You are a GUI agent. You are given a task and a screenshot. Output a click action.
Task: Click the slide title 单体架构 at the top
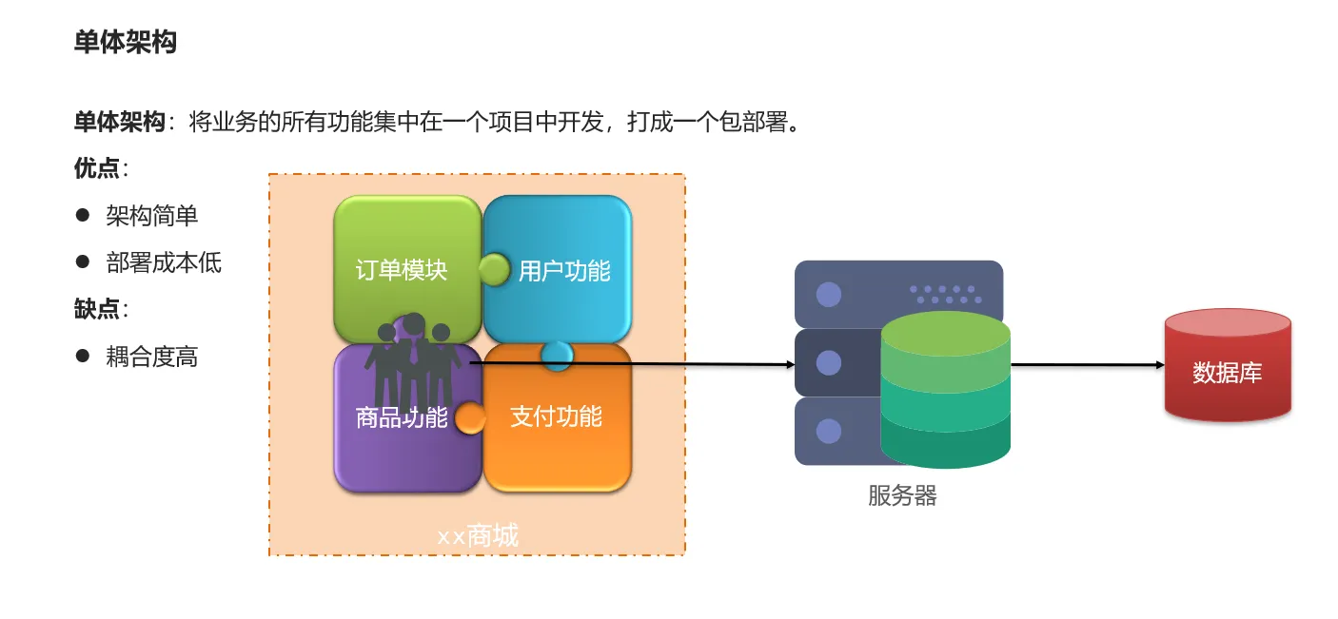pos(126,43)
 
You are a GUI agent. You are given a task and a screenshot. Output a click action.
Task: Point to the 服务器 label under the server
pos(902,495)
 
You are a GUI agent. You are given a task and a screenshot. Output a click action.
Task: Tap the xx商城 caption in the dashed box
pos(478,536)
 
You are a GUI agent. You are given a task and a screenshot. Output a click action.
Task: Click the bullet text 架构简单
pos(152,216)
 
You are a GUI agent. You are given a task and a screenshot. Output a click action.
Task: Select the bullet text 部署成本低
pos(164,262)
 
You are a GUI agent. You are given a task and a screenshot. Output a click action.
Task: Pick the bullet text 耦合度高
pos(152,358)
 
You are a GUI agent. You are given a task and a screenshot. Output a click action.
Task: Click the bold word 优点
pos(97,168)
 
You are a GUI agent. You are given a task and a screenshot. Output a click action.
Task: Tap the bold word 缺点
pos(97,309)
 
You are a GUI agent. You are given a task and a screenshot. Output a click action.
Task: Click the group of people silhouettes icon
pos(413,361)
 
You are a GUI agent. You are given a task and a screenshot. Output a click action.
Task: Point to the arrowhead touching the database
pos(1158,365)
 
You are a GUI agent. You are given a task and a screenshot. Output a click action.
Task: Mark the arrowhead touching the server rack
pos(789,365)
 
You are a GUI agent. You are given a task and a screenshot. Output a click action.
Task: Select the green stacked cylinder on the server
pos(945,390)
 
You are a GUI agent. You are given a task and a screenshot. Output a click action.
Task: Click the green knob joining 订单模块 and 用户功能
pos(494,270)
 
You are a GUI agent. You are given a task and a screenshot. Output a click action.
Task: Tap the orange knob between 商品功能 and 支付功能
pos(470,417)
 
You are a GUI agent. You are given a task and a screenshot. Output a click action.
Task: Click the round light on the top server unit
pos(829,295)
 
